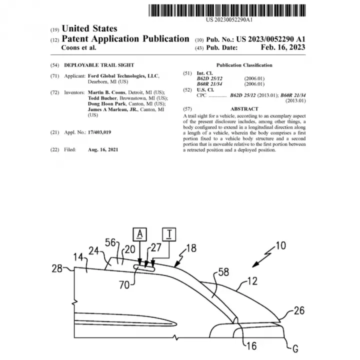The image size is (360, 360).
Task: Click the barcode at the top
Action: (227, 10)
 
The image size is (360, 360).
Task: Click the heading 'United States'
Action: (89, 28)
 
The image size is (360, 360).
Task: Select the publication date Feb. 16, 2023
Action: (283, 47)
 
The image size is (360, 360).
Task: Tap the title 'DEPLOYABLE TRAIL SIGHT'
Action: (99, 65)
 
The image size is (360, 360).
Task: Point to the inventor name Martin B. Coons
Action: (106, 92)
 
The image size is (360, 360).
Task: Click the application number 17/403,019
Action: (99, 132)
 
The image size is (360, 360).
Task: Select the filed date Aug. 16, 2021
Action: (103, 149)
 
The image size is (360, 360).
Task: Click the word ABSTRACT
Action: (244, 109)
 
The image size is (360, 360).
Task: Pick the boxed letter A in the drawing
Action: (140, 234)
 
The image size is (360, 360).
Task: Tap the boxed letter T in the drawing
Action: (169, 234)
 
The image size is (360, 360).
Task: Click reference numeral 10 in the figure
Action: (280, 245)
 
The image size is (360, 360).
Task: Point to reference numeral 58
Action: (223, 272)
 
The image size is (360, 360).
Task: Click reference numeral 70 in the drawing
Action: (124, 285)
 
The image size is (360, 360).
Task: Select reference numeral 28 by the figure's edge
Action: (57, 268)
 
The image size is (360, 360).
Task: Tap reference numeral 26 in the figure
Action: (299, 310)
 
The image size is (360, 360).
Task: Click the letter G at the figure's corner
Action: (295, 349)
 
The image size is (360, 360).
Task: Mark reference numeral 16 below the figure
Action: (251, 346)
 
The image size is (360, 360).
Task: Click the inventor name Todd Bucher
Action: (102, 98)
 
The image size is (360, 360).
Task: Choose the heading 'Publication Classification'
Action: (244, 65)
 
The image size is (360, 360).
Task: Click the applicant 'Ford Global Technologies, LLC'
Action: (123, 76)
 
